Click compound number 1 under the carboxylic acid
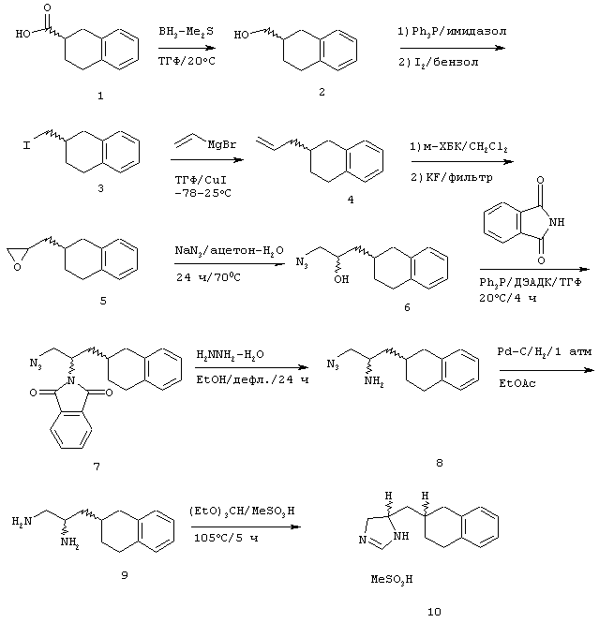pyautogui.click(x=100, y=96)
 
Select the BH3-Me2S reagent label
pyautogui.click(x=186, y=32)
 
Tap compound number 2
pyautogui.click(x=322, y=92)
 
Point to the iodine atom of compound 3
pyautogui.click(x=26, y=145)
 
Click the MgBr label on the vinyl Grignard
pyautogui.click(x=222, y=144)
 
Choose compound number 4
pyautogui.click(x=351, y=200)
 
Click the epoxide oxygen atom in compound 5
pyautogui.click(x=17, y=267)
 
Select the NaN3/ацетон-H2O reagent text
pyautogui.click(x=230, y=251)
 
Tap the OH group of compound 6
pyautogui.click(x=341, y=279)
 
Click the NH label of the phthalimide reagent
pyautogui.click(x=557, y=222)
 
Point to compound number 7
pyautogui.click(x=97, y=467)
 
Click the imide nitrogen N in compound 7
pyautogui.click(x=71, y=380)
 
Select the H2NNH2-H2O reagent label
pyautogui.click(x=231, y=355)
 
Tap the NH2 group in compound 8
pyautogui.click(x=374, y=381)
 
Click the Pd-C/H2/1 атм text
pyautogui.click(x=545, y=352)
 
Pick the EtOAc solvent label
pyautogui.click(x=517, y=384)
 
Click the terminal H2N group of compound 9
pyautogui.click(x=22, y=521)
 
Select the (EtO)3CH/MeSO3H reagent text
pyautogui.click(x=242, y=511)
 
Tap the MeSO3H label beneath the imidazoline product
pyautogui.click(x=392, y=580)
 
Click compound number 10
pyautogui.click(x=434, y=612)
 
